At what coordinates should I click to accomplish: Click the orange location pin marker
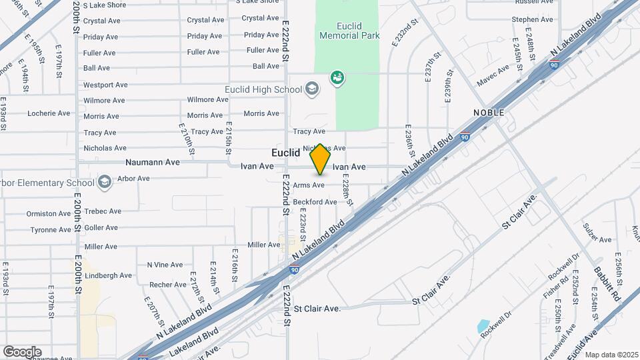pos(320,159)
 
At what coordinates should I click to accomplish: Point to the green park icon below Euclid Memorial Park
pos(337,78)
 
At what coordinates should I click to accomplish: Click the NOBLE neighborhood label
pos(489,113)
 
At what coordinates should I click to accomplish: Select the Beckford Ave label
pos(315,201)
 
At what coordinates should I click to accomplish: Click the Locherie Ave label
pos(49,113)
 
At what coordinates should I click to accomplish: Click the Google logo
pos(22,351)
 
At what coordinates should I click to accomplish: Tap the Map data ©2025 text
pos(611,354)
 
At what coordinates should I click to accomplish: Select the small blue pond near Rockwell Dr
pos(483,327)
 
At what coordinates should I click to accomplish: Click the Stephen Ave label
pos(533,19)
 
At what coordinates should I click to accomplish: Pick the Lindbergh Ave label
pos(108,275)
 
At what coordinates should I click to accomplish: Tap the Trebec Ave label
pos(103,211)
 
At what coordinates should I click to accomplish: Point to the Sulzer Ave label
pos(597,239)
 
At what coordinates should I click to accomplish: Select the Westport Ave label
pos(105,85)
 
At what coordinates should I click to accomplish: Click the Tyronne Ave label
pos(51,230)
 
